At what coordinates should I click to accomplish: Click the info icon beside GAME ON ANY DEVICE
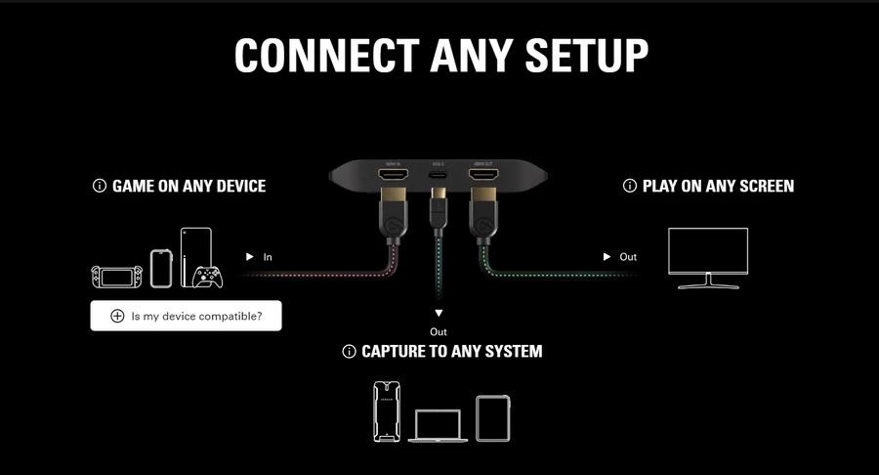pos(99,186)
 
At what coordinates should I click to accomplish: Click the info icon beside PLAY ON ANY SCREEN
pos(629,186)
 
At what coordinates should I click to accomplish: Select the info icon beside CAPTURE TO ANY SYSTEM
pos(349,351)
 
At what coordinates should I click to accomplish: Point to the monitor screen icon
pos(707,257)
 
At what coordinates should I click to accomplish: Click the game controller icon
pos(208,277)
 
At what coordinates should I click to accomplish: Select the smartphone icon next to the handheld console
pos(160,267)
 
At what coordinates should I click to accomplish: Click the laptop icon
pos(434,425)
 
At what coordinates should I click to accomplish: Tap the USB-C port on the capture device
pos(437,177)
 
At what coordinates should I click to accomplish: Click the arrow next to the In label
pos(250,256)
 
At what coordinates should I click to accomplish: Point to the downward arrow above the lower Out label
pos(439,313)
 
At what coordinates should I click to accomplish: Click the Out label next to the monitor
pos(628,257)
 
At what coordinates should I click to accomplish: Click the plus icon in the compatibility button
pos(117,316)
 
